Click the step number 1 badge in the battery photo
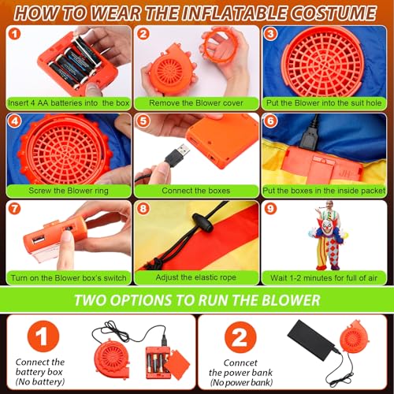pyautogui.click(x=15, y=34)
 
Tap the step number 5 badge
pyautogui.click(x=143, y=121)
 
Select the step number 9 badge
pyautogui.click(x=270, y=209)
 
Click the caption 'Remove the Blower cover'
pyautogui.click(x=196, y=103)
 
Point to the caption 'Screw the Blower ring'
pyautogui.click(x=69, y=191)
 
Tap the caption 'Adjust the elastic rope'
pyautogui.click(x=196, y=277)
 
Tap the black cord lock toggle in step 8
pyautogui.click(x=203, y=222)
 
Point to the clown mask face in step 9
pyautogui.click(x=327, y=228)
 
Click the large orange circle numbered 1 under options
pyautogui.click(x=43, y=336)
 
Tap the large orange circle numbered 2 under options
pyautogui.click(x=240, y=337)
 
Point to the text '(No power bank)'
pyautogui.click(x=241, y=382)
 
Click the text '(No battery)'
pyautogui.click(x=40, y=381)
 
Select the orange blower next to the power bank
pyautogui.click(x=354, y=337)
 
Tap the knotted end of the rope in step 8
pyautogui.click(x=155, y=263)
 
